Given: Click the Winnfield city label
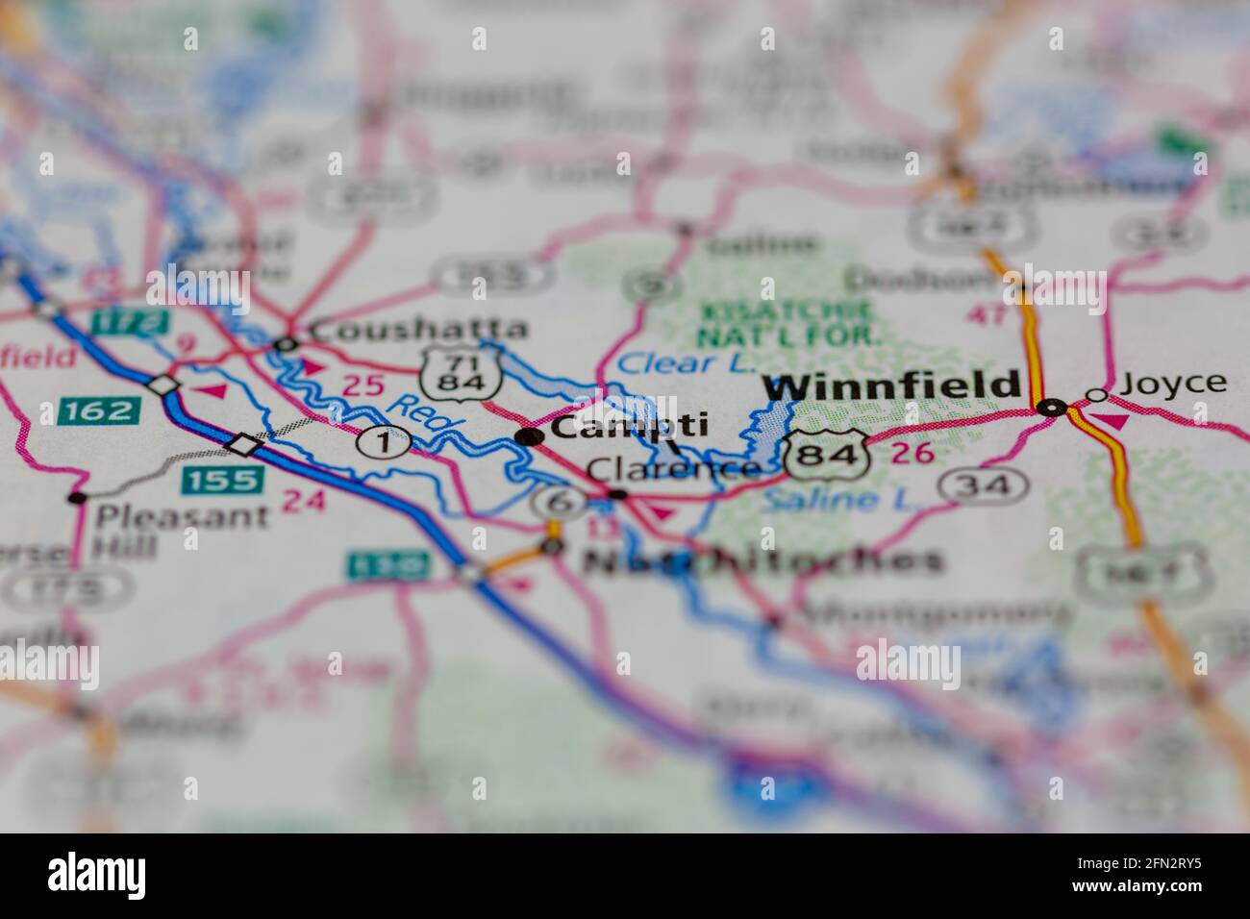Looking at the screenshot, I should pyautogui.click(x=891, y=385).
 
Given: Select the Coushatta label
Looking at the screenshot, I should pyautogui.click(x=419, y=329).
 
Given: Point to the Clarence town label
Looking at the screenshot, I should pyautogui.click(x=673, y=470).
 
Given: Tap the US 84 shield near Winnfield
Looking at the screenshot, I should pyautogui.click(x=826, y=455).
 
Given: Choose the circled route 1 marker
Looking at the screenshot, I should pyautogui.click(x=384, y=442).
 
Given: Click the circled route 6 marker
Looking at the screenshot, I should pyautogui.click(x=561, y=502).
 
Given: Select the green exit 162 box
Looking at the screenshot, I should pyautogui.click(x=99, y=410).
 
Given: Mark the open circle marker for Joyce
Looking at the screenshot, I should pyautogui.click(x=1096, y=395).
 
